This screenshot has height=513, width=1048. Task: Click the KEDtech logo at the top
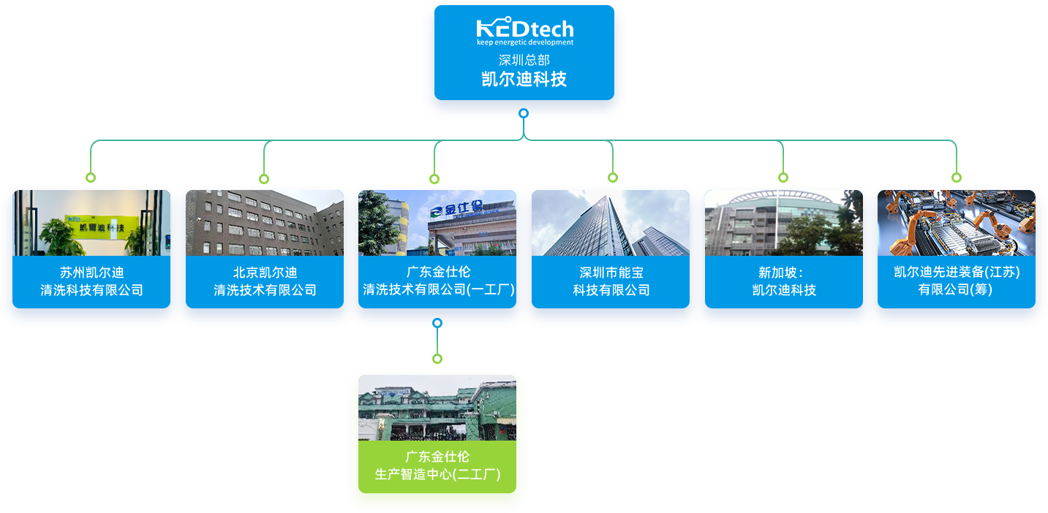(x=524, y=31)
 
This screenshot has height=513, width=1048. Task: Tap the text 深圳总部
(x=524, y=60)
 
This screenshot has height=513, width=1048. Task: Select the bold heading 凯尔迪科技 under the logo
(x=524, y=79)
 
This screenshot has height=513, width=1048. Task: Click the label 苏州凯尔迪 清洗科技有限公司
(x=91, y=281)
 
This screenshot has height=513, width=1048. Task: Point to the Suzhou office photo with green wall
(x=91, y=223)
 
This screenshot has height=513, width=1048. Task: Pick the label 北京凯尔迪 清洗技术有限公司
(x=265, y=281)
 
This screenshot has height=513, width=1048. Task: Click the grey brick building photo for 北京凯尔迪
(x=265, y=223)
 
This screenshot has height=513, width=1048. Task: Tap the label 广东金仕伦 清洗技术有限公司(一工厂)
(x=438, y=281)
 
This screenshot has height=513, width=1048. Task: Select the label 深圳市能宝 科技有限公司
(x=611, y=281)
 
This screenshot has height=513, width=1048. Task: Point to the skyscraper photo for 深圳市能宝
(x=611, y=223)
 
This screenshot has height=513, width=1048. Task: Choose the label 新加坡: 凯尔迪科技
(x=784, y=281)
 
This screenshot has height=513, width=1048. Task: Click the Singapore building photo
(x=784, y=223)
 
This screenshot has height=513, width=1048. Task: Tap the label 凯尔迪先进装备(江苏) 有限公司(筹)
(x=957, y=281)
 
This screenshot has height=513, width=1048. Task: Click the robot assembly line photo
(x=957, y=223)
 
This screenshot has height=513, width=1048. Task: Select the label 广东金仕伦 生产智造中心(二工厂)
(x=437, y=465)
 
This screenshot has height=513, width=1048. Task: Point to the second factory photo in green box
(x=437, y=408)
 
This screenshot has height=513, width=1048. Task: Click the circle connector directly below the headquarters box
(x=524, y=113)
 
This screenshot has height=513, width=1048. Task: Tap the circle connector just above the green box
(x=437, y=358)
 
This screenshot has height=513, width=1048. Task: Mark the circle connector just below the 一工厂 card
(x=437, y=322)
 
